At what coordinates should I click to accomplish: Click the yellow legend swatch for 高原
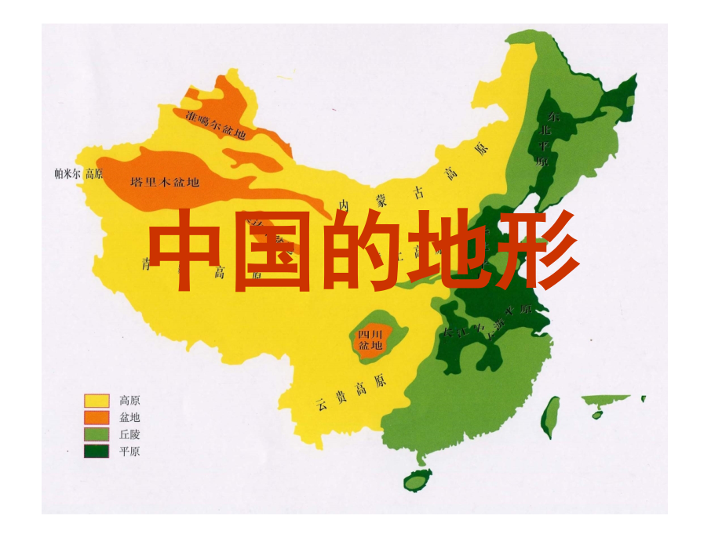[x=97, y=400]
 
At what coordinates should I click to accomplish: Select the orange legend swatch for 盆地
[x=97, y=417]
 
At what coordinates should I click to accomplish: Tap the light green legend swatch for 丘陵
[x=97, y=434]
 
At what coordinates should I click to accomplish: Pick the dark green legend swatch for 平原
[x=97, y=451]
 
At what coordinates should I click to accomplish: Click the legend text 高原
[x=129, y=400]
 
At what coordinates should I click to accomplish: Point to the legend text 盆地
[x=129, y=417]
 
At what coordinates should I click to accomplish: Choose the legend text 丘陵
[x=129, y=434]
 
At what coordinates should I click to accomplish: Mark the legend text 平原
[x=129, y=451]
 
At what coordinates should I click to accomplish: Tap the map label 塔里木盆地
[x=165, y=182]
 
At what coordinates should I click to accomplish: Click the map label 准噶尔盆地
[x=217, y=125]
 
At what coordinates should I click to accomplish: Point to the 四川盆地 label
[x=370, y=339]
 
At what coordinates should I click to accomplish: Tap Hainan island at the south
[x=415, y=480]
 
